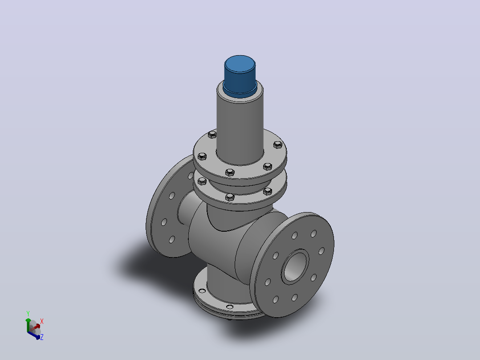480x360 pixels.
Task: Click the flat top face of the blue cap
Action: coord(240,64)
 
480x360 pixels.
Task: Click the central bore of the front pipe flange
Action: coord(295,266)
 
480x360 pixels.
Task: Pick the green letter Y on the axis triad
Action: coord(28,313)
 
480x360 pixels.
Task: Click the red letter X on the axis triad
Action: coord(42,321)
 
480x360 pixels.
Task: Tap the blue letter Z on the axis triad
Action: coord(42,337)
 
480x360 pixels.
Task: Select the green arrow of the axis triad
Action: coord(28,325)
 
